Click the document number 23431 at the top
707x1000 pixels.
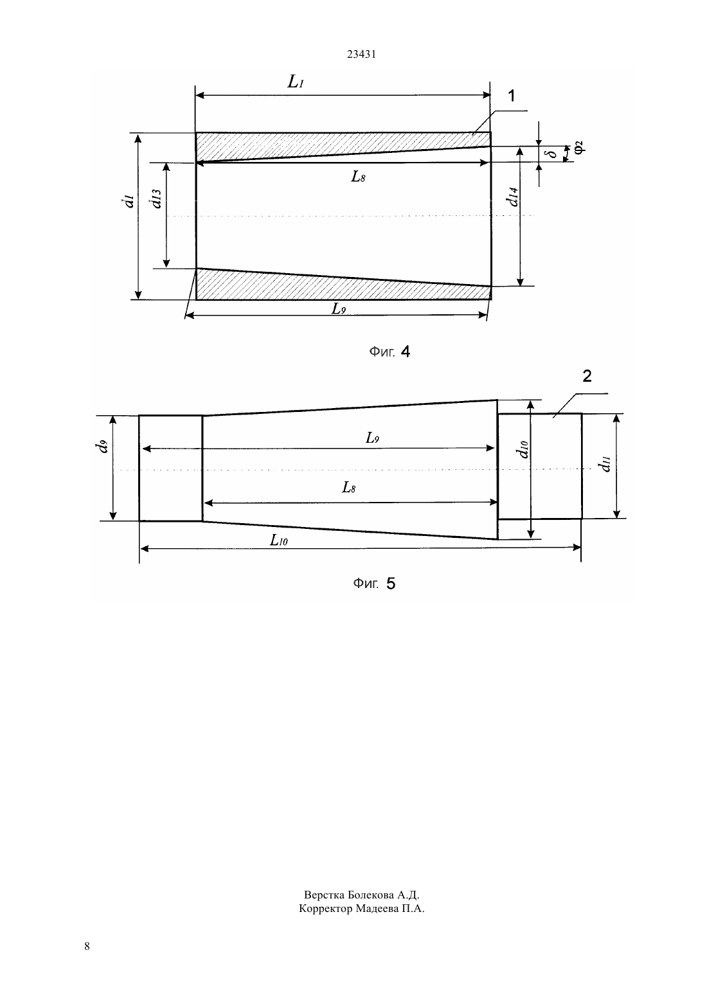coord(361,54)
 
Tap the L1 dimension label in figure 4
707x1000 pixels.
coord(296,82)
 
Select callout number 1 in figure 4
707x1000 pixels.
coord(512,96)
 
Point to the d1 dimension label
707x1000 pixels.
coord(129,201)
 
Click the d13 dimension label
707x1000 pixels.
coord(156,199)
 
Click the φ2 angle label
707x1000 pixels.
coord(578,147)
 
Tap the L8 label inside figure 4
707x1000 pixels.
coord(358,177)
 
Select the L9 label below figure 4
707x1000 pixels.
coord(338,308)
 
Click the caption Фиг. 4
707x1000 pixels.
coord(389,352)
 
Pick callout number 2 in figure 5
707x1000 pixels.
coord(587,376)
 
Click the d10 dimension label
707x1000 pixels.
coord(522,450)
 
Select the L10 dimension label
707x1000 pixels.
coord(278,540)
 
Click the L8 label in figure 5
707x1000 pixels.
coord(348,487)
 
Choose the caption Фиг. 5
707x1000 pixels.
coord(374,584)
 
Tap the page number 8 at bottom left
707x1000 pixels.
coord(87,946)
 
